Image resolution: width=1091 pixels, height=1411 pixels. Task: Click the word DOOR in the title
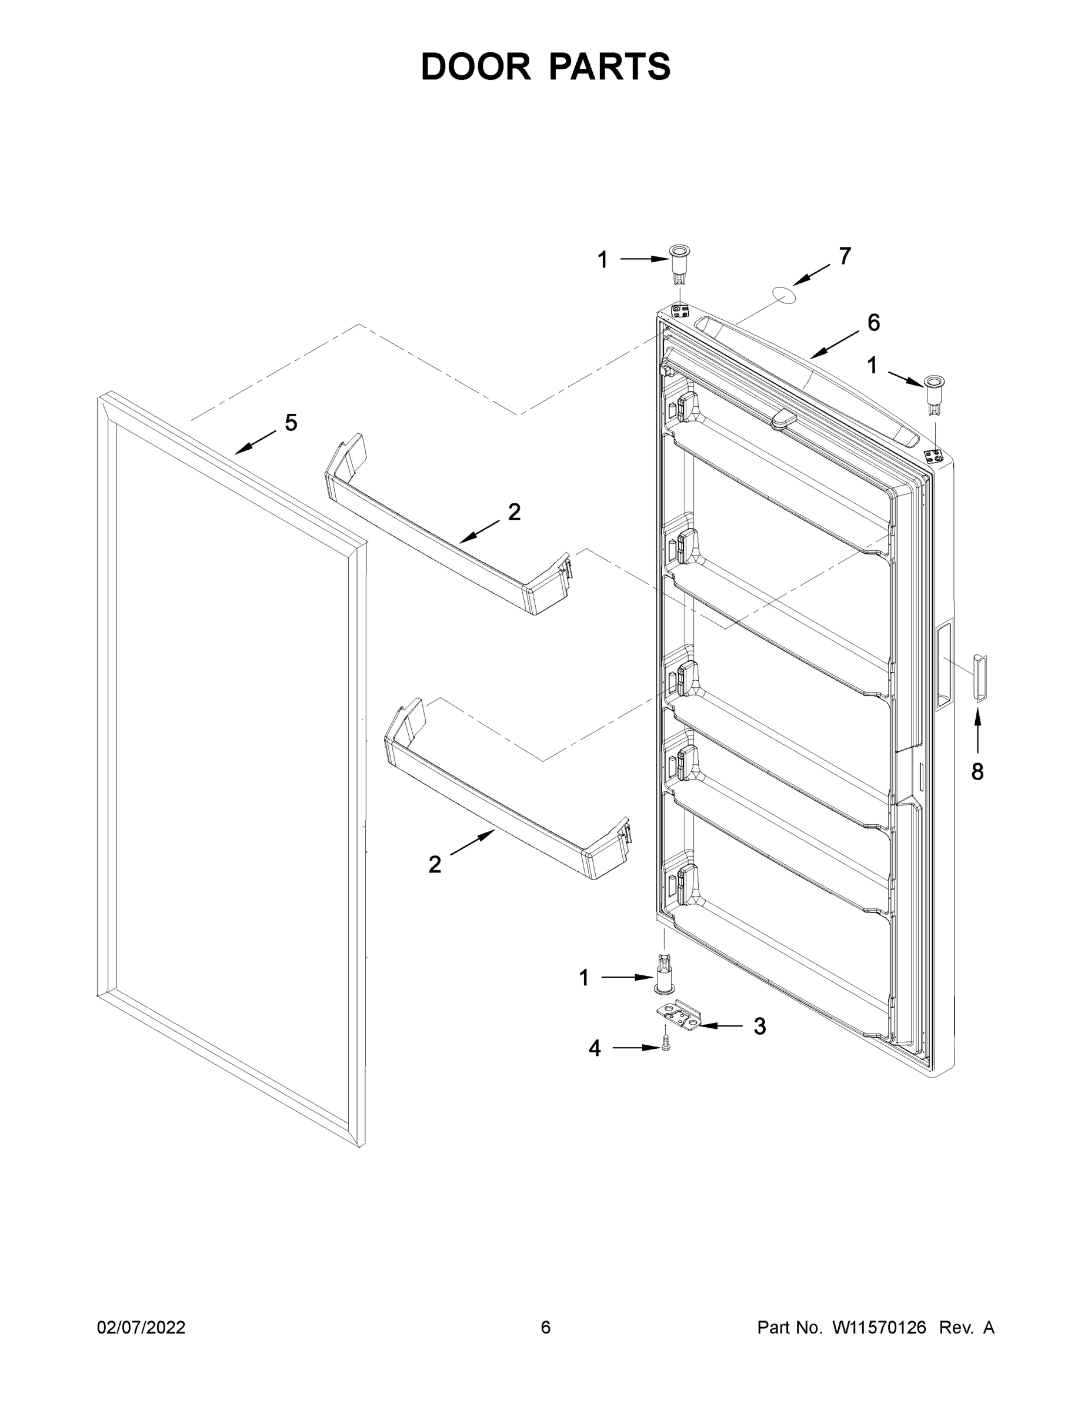coord(475,67)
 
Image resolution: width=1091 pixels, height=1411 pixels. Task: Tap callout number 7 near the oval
coord(845,256)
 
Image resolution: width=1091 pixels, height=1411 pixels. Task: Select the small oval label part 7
coord(784,294)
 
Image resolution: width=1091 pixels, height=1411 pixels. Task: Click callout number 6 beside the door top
coord(873,322)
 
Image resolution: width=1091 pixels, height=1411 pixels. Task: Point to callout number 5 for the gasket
coord(291,423)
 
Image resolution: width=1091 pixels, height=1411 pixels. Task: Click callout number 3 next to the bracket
coord(760,1026)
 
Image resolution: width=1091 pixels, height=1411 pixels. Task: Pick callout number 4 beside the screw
coord(595,1048)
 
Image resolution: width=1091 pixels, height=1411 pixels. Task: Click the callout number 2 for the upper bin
coord(514,512)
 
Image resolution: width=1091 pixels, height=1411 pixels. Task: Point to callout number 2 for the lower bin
coord(435,864)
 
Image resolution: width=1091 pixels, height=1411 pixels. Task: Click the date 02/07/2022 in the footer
coord(141,1327)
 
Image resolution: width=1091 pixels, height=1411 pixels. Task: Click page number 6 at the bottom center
coord(546,1327)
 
